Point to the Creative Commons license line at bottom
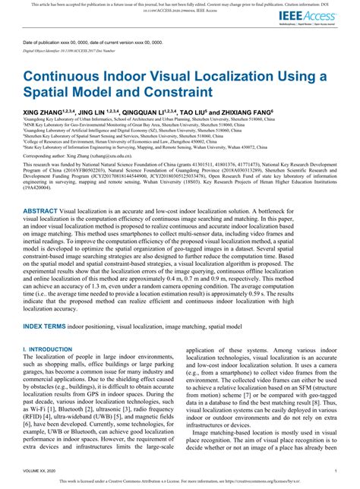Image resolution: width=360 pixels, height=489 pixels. pos(179,481)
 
